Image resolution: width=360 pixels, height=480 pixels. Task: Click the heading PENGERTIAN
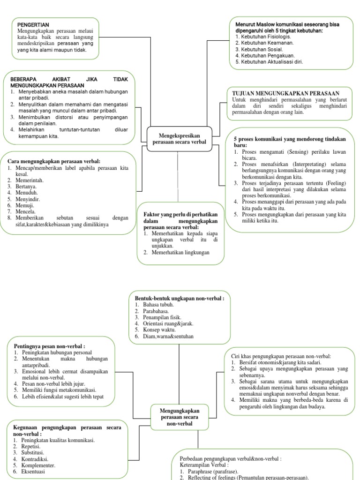tap(33, 24)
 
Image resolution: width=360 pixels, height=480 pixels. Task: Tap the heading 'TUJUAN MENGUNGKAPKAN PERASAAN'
tap(285, 93)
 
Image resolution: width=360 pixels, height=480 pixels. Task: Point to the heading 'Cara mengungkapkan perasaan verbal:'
tap(54, 161)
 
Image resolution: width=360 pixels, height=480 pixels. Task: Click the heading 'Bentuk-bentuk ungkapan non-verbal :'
tap(180, 298)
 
